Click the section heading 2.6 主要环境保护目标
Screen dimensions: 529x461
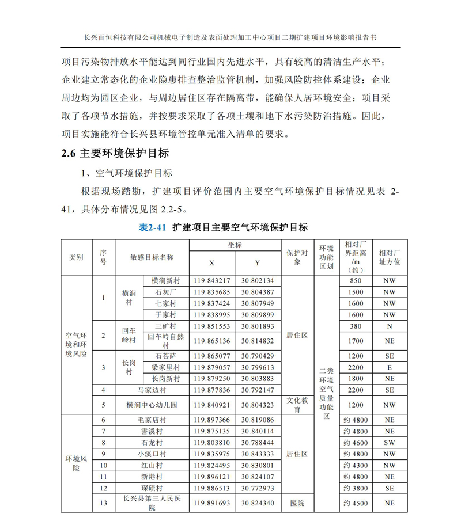pyautogui.click(x=115, y=154)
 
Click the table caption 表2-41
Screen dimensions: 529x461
pyautogui.click(x=153, y=227)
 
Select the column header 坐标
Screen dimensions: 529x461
pyautogui.click(x=235, y=245)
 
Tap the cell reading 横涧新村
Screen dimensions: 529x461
pyautogui.click(x=165, y=281)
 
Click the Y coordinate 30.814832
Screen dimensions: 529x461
pyautogui.click(x=258, y=341)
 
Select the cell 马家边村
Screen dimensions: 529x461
pyautogui.click(x=152, y=390)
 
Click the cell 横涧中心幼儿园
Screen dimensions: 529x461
pyautogui.click(x=152, y=405)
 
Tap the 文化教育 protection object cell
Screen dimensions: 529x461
pyautogui.click(x=297, y=405)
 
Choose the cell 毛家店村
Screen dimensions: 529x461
pyautogui.click(x=152, y=420)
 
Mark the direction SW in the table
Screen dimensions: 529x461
pyautogui.click(x=390, y=443)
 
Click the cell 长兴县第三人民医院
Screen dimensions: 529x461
pyautogui.click(x=152, y=503)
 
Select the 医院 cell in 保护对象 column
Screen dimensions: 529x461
pyautogui.click(x=297, y=503)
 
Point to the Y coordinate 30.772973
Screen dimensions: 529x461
pyautogui.click(x=258, y=488)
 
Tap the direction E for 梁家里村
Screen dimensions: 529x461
pyautogui.click(x=390, y=367)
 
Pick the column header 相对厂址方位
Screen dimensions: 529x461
pyautogui.click(x=390, y=257)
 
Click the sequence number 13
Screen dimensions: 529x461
pyautogui.click(x=104, y=503)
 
